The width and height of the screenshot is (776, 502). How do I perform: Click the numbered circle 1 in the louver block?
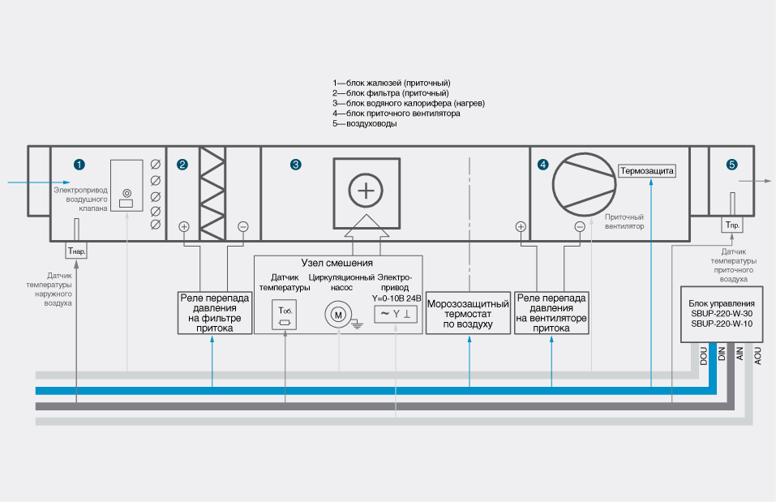click(79, 165)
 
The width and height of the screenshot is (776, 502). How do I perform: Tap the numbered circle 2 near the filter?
click(182, 165)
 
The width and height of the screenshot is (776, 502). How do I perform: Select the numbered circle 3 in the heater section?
click(296, 165)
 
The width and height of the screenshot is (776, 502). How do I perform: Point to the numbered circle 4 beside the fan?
click(542, 165)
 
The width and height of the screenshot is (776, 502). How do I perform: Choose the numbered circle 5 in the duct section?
click(732, 165)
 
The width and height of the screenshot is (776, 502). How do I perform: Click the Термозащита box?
click(646, 171)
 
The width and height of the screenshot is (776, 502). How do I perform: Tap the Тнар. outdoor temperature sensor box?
click(76, 251)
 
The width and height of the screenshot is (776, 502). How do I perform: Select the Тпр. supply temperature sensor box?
click(732, 225)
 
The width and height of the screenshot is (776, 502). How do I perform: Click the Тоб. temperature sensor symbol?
click(285, 315)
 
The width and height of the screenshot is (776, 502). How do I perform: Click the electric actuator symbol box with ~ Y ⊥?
click(396, 315)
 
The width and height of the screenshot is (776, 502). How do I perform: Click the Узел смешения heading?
click(337, 264)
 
